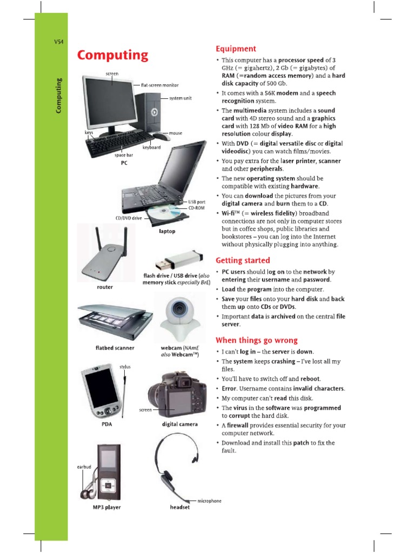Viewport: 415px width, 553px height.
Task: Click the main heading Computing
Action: [x=112, y=55]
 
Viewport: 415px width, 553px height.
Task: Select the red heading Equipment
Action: [x=236, y=49]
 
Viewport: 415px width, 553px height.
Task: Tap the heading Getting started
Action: [x=243, y=260]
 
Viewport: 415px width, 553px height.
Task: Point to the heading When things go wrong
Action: [x=257, y=340]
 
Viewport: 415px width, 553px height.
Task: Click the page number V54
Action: [x=59, y=43]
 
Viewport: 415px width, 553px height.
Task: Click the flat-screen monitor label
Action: [x=159, y=85]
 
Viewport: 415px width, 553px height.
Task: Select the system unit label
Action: [x=180, y=98]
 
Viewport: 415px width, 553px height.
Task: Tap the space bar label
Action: [x=124, y=155]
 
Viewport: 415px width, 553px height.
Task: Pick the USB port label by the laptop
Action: [x=197, y=202]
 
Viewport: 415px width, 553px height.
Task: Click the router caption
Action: [x=105, y=287]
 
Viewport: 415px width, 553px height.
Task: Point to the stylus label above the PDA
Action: [x=125, y=367]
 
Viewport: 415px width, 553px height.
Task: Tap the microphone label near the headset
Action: [x=209, y=501]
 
